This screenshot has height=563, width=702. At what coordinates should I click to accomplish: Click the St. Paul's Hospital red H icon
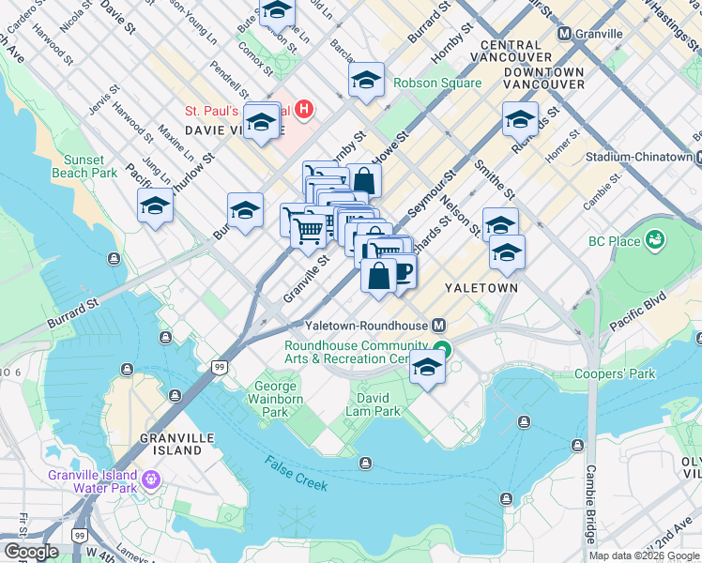click(304, 110)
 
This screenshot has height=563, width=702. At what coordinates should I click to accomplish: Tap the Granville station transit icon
click(565, 34)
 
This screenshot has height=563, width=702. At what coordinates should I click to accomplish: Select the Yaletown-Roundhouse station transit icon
click(438, 325)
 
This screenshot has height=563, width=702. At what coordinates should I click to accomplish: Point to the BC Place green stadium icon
click(654, 241)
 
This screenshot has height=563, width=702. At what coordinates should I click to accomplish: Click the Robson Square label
click(437, 83)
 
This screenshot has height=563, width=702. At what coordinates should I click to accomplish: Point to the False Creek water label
click(296, 473)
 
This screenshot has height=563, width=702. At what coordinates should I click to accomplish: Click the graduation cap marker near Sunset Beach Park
click(156, 207)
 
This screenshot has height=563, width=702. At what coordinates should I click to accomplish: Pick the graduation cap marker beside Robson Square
click(366, 81)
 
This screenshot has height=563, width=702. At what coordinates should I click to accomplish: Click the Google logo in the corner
click(31, 552)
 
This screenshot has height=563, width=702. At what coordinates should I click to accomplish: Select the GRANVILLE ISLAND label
click(170, 444)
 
